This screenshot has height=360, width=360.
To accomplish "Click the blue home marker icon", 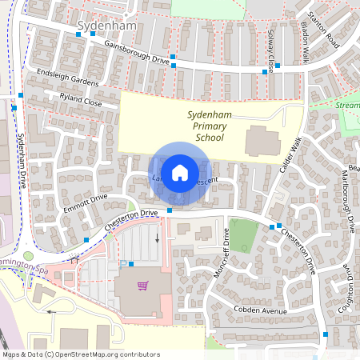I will point(180,172).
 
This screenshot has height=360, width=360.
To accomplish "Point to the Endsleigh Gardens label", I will point(73,78).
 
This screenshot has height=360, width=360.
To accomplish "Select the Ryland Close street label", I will point(81,99).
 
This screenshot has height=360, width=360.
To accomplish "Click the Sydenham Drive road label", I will point(22,156).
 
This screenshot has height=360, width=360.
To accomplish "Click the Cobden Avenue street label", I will point(260,310).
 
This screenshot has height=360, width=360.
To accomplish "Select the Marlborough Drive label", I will point(349,200).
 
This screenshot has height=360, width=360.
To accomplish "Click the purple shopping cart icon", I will point(142,286).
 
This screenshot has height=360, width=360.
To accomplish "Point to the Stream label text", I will point(348,104).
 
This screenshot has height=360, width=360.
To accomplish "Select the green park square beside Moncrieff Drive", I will point(243,235).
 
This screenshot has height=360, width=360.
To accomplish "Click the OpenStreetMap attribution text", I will point(80,354).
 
